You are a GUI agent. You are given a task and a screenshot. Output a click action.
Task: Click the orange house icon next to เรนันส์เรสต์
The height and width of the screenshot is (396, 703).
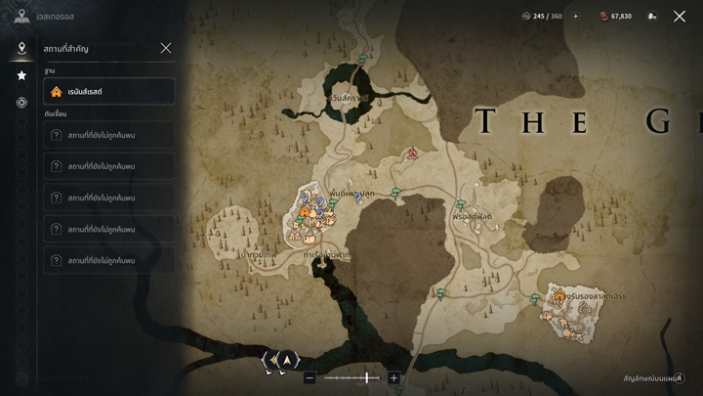click(x=57, y=92)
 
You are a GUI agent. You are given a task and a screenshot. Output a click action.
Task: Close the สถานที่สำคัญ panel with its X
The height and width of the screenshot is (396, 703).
click(x=166, y=48)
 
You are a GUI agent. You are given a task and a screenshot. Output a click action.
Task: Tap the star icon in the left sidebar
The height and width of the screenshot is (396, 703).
click(x=21, y=75)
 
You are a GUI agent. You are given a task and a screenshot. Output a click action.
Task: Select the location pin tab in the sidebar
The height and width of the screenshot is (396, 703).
click(x=21, y=48)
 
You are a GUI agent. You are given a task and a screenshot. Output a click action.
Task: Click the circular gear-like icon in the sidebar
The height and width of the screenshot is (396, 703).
click(x=21, y=103)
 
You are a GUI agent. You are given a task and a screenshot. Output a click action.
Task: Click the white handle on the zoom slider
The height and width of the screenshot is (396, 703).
click(x=367, y=377)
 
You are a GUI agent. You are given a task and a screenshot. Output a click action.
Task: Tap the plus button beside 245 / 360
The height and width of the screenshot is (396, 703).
click(x=575, y=16)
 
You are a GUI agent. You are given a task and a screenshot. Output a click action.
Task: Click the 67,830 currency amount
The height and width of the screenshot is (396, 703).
click(x=618, y=16)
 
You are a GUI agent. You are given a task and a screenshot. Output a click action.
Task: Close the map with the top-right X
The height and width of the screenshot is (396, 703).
click(x=680, y=16)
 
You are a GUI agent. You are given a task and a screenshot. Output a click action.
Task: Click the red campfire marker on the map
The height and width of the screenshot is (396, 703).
click(x=413, y=154)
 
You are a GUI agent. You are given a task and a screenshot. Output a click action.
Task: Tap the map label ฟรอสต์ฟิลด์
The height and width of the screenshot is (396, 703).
click(x=473, y=215)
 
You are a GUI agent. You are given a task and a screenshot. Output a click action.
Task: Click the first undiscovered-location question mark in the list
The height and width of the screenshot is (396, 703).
click(x=57, y=136)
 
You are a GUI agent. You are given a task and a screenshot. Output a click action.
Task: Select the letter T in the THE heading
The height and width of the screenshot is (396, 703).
click(x=485, y=122)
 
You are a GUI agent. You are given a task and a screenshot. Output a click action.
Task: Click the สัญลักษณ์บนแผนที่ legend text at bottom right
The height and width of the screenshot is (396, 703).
click(x=652, y=378)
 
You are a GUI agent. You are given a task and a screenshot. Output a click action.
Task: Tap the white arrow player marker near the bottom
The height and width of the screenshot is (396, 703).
click(x=287, y=361)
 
